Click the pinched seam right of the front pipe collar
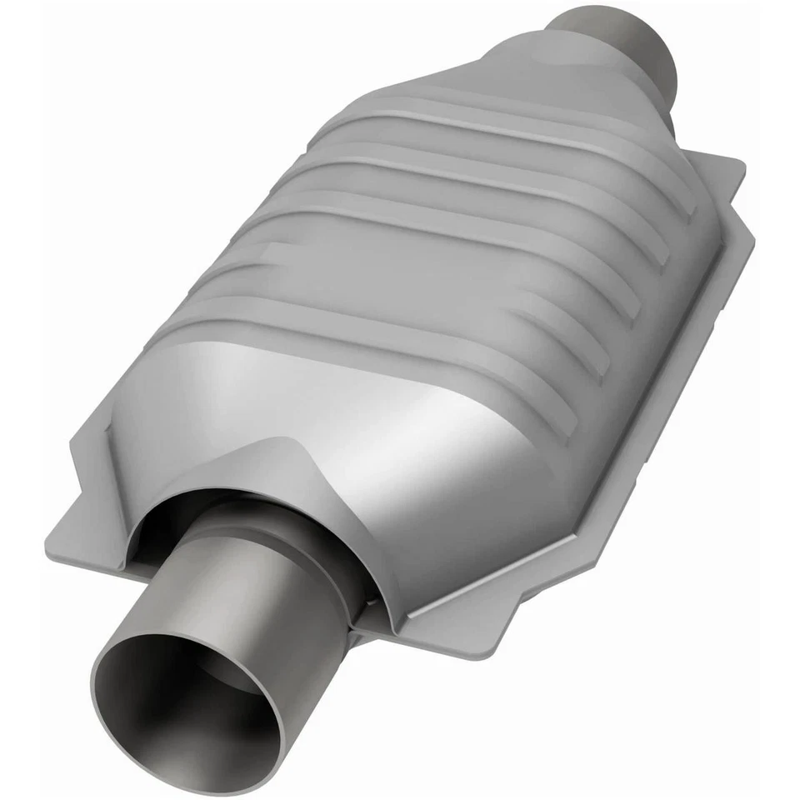pos(367,608)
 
